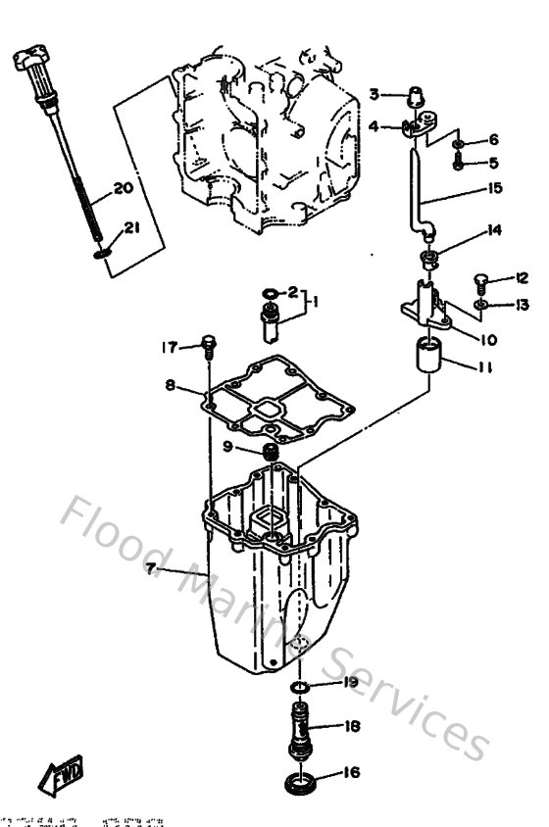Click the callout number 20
point(123,189)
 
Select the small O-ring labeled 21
point(102,255)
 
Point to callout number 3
point(374,95)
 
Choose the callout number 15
point(494,188)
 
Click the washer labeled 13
point(478,306)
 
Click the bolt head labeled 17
point(209,344)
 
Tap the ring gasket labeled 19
point(304,683)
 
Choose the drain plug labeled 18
point(302,732)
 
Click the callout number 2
point(291,292)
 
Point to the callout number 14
point(494,231)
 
